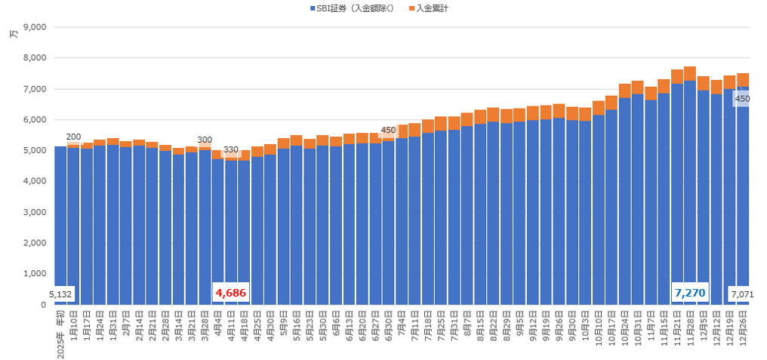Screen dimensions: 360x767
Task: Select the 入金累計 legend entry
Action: click(433, 8)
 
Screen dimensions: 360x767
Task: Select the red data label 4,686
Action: click(230, 293)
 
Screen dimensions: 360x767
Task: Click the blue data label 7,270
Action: click(690, 292)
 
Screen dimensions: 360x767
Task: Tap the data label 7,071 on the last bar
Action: click(742, 294)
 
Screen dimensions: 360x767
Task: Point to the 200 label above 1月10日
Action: click(73, 137)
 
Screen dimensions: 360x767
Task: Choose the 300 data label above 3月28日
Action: click(205, 140)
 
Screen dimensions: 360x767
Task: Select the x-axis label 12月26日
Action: click(743, 326)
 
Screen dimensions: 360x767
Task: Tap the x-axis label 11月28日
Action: click(690, 326)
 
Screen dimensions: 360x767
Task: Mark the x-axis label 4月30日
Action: click(270, 326)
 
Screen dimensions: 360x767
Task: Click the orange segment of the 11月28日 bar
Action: click(690, 74)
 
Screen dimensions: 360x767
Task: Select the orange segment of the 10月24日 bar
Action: click(624, 91)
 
